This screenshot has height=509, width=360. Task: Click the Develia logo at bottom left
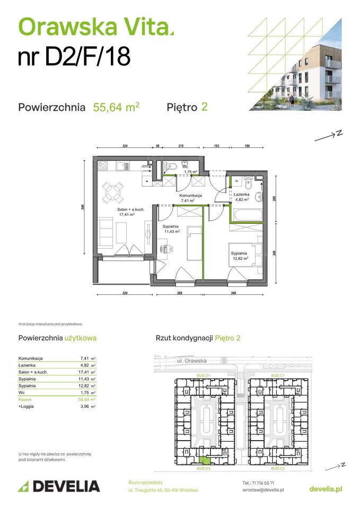(x=59, y=486)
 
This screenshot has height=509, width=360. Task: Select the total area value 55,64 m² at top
(x=116, y=107)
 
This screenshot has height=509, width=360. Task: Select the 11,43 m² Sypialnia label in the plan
(x=171, y=229)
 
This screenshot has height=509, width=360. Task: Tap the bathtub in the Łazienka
(x=247, y=215)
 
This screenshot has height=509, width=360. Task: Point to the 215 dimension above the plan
(x=181, y=145)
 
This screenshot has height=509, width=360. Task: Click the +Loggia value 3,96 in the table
(x=84, y=406)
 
